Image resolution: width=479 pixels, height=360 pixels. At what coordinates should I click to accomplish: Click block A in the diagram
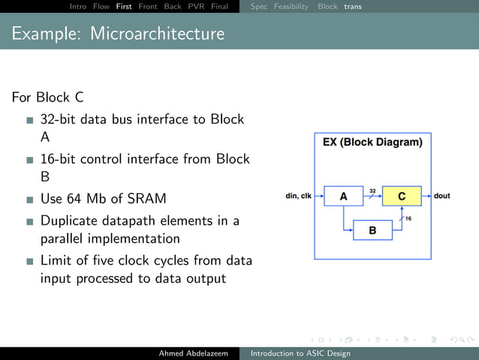343,196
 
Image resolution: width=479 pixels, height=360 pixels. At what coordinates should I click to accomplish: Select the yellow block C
402,196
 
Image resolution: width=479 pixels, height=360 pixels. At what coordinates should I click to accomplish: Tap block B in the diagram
372,230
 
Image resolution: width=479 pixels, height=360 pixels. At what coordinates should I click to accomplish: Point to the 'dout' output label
442,196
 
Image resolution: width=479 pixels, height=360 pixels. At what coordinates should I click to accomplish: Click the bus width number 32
372,190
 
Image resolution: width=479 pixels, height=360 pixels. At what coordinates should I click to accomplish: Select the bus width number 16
408,218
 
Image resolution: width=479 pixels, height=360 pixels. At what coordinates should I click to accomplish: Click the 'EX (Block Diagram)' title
372,142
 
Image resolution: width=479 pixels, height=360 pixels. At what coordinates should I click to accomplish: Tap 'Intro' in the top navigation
78,7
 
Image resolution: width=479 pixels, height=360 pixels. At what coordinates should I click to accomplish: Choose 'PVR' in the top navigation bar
196,7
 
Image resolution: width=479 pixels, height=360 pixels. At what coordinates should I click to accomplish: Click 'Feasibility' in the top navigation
291,7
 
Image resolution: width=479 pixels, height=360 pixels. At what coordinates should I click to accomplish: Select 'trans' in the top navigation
353,7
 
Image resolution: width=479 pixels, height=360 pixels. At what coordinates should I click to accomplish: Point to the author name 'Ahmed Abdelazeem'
193,352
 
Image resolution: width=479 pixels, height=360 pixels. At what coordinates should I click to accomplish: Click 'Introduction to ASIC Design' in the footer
300,352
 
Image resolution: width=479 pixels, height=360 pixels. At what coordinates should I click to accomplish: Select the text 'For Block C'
47,98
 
